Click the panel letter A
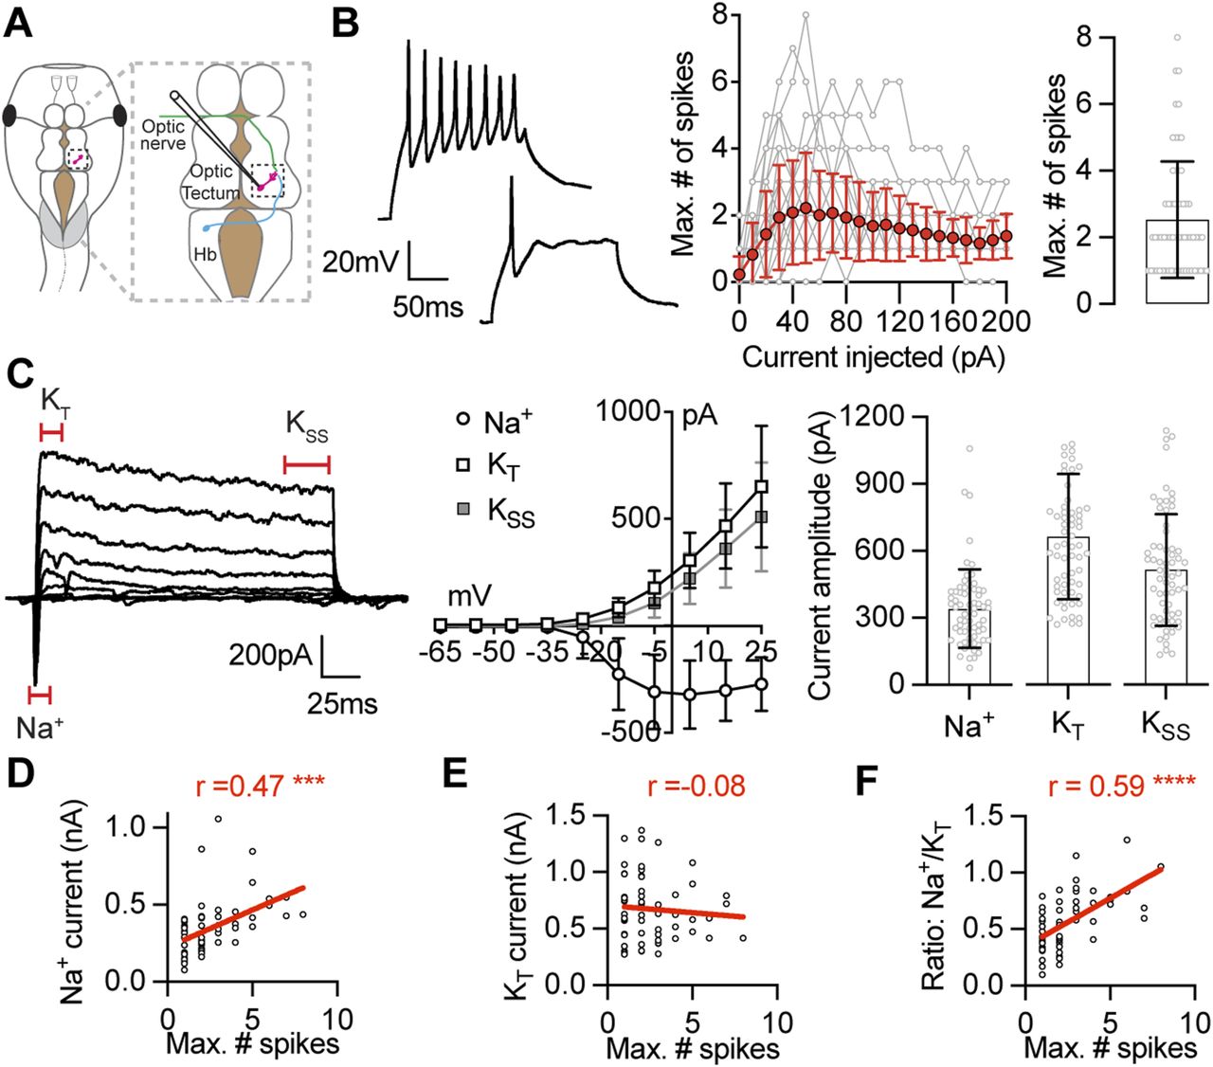tap(20, 21)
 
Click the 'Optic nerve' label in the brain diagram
tap(163, 135)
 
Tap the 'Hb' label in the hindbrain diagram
tap(205, 255)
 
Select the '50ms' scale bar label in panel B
tap(429, 306)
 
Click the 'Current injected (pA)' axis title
tap(873, 357)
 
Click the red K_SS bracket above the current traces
tap(307, 463)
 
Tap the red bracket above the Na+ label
tap(40, 696)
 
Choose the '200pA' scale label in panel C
tap(270, 655)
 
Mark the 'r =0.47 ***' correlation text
tap(259, 786)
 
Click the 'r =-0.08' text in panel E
tap(696, 786)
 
